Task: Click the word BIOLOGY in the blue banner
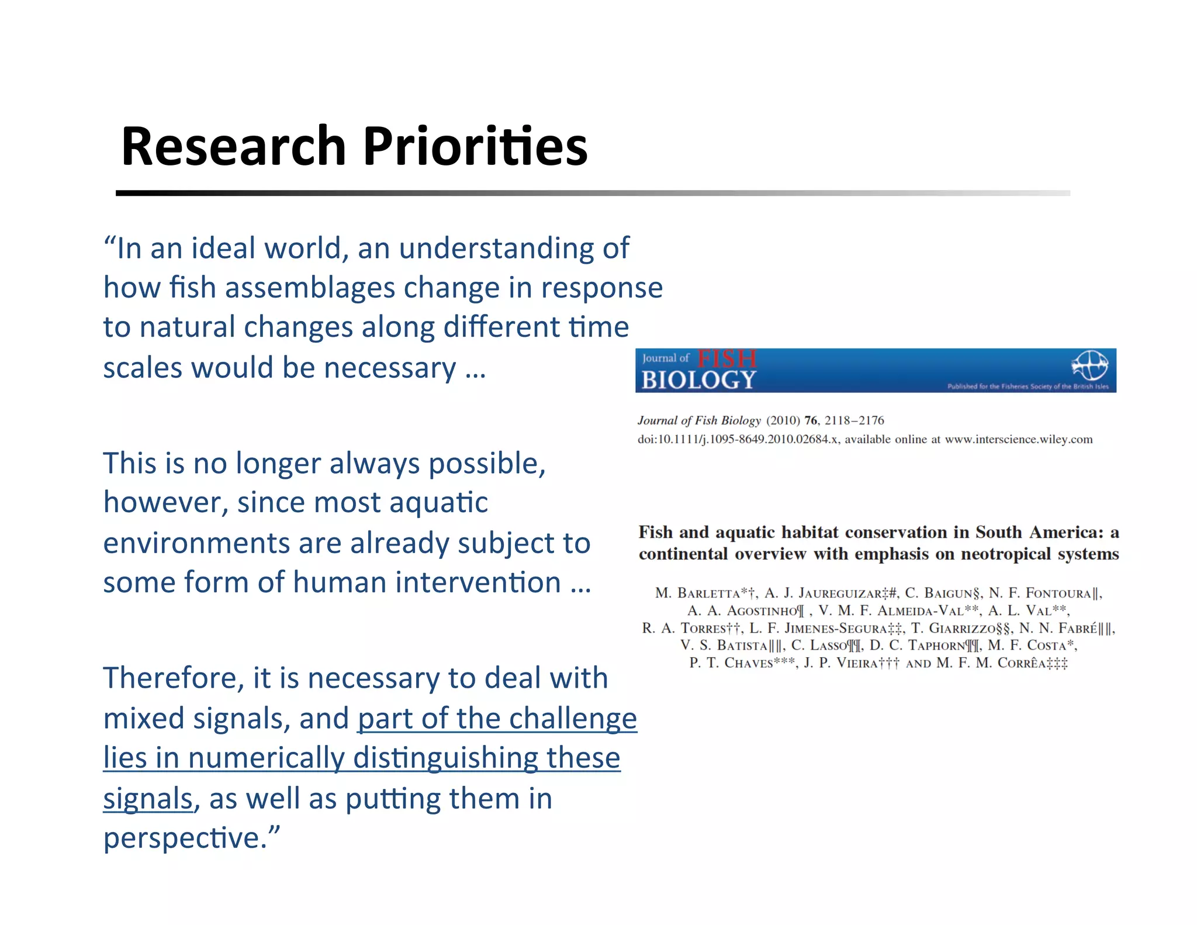698,380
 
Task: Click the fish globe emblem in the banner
1089,365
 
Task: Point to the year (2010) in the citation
783,420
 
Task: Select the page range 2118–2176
854,420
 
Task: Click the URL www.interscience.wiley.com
1018,440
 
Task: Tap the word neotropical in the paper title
1006,554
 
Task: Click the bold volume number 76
810,420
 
